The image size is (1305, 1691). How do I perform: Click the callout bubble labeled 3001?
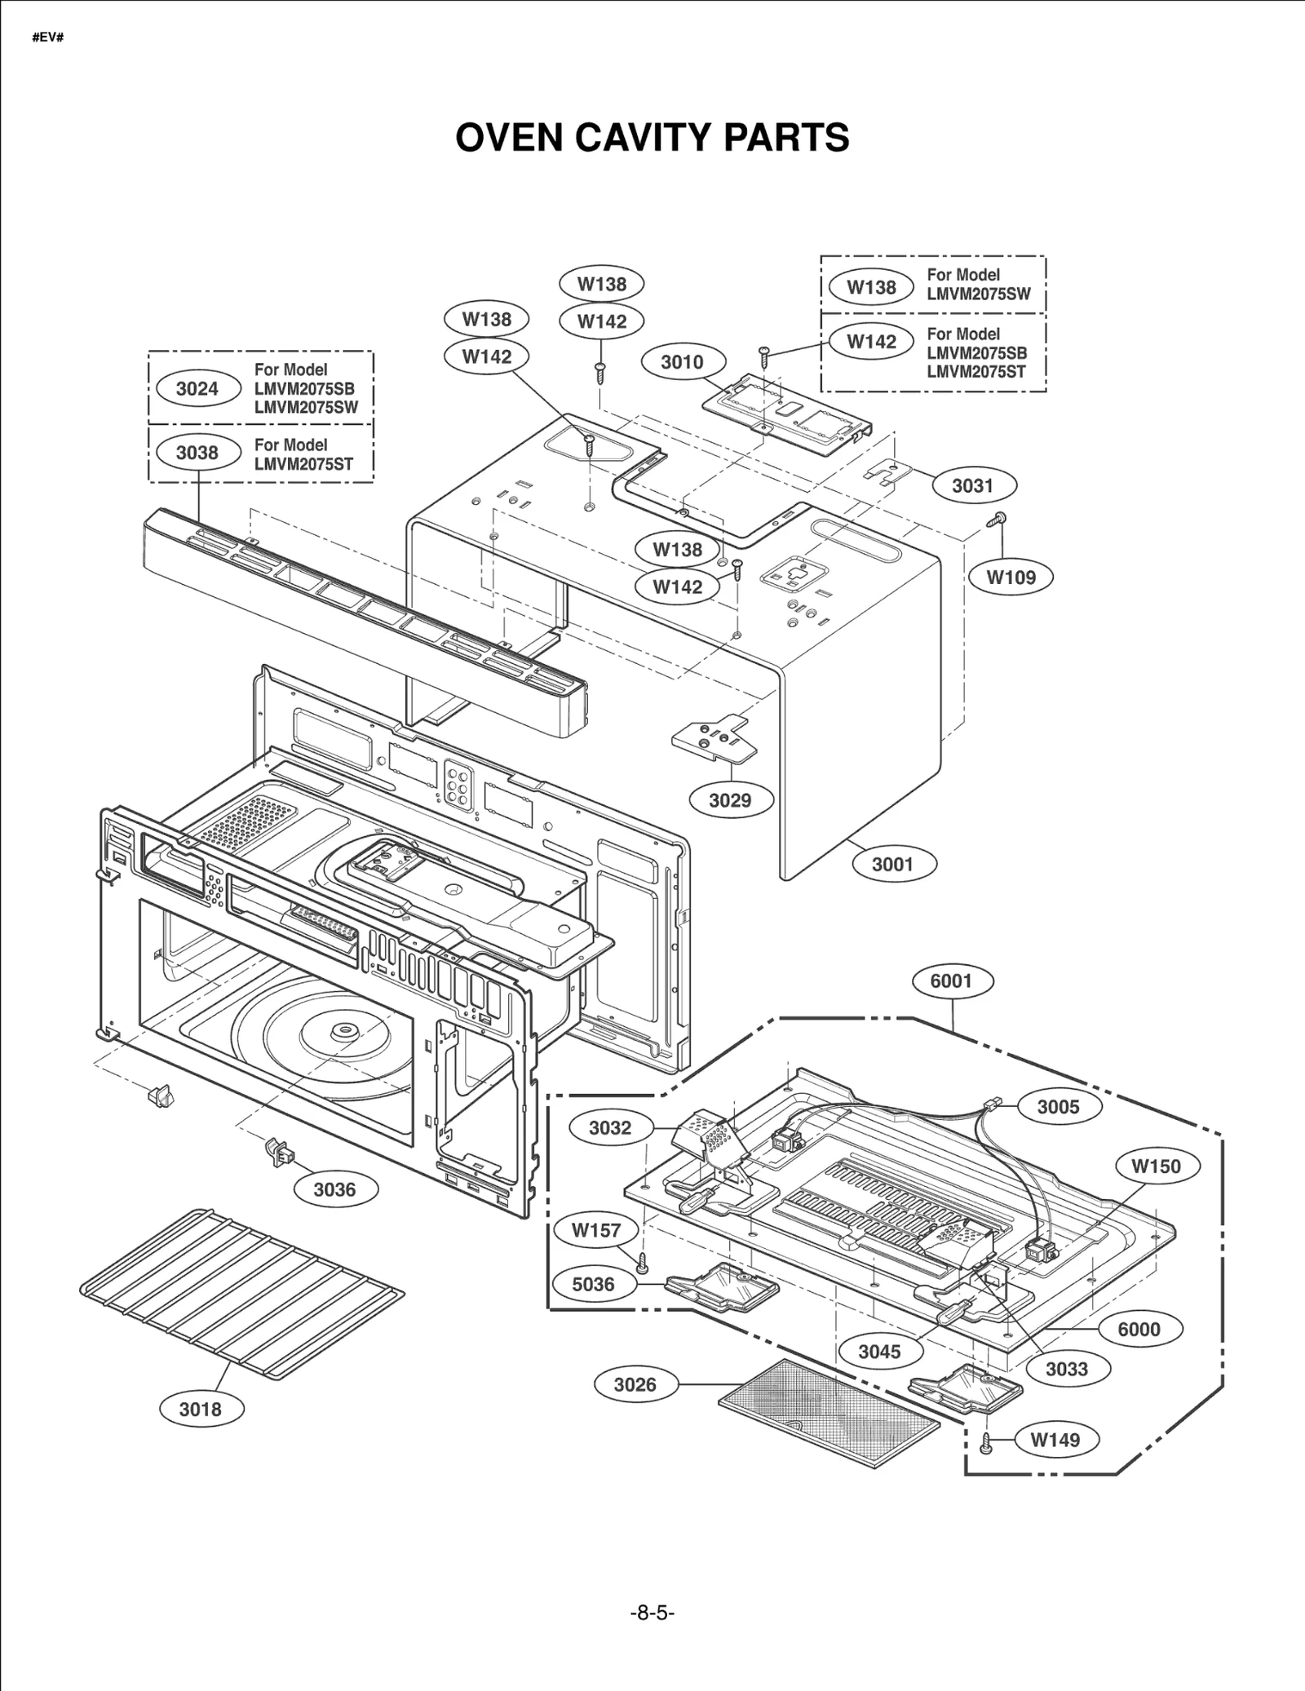[x=892, y=864]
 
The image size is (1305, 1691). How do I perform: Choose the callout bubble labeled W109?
[x=1011, y=577]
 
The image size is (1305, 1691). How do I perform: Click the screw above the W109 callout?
[x=998, y=519]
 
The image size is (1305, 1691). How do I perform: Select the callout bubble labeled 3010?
[x=682, y=361]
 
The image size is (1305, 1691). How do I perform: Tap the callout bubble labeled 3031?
[x=972, y=485]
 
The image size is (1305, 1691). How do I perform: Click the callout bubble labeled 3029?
[x=729, y=799]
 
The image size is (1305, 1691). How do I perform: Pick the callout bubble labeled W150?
[x=1155, y=1166]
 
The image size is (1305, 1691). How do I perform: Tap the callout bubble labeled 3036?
[x=334, y=1189]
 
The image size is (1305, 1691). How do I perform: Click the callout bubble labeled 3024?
[x=197, y=388]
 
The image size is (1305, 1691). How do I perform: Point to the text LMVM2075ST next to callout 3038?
[x=303, y=464]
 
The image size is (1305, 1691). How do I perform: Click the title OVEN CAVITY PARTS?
[x=652, y=137]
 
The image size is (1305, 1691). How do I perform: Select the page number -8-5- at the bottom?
[x=652, y=1613]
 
